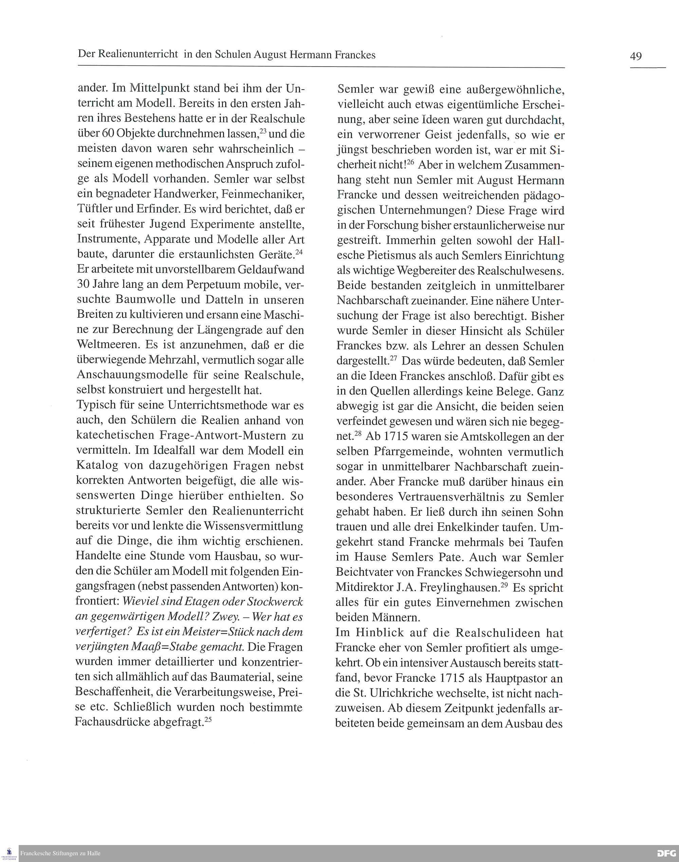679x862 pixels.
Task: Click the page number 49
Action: click(x=636, y=56)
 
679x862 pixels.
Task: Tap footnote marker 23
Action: click(x=262, y=130)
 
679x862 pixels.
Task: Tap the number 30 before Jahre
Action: click(x=84, y=285)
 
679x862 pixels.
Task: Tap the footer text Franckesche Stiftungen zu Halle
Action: click(x=60, y=853)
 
